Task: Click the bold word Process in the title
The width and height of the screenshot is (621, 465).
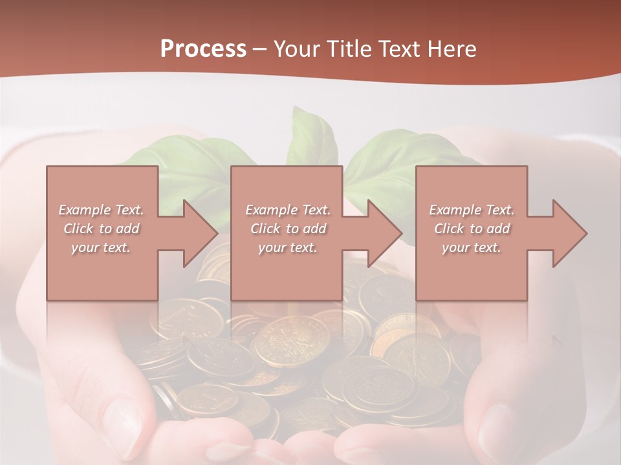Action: (203, 49)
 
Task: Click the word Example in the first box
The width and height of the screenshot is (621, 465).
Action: (84, 210)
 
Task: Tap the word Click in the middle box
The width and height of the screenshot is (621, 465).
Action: (264, 229)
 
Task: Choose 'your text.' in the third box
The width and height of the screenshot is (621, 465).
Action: (472, 247)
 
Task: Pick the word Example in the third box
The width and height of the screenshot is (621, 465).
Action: (455, 210)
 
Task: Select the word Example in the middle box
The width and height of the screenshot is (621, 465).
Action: (271, 210)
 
